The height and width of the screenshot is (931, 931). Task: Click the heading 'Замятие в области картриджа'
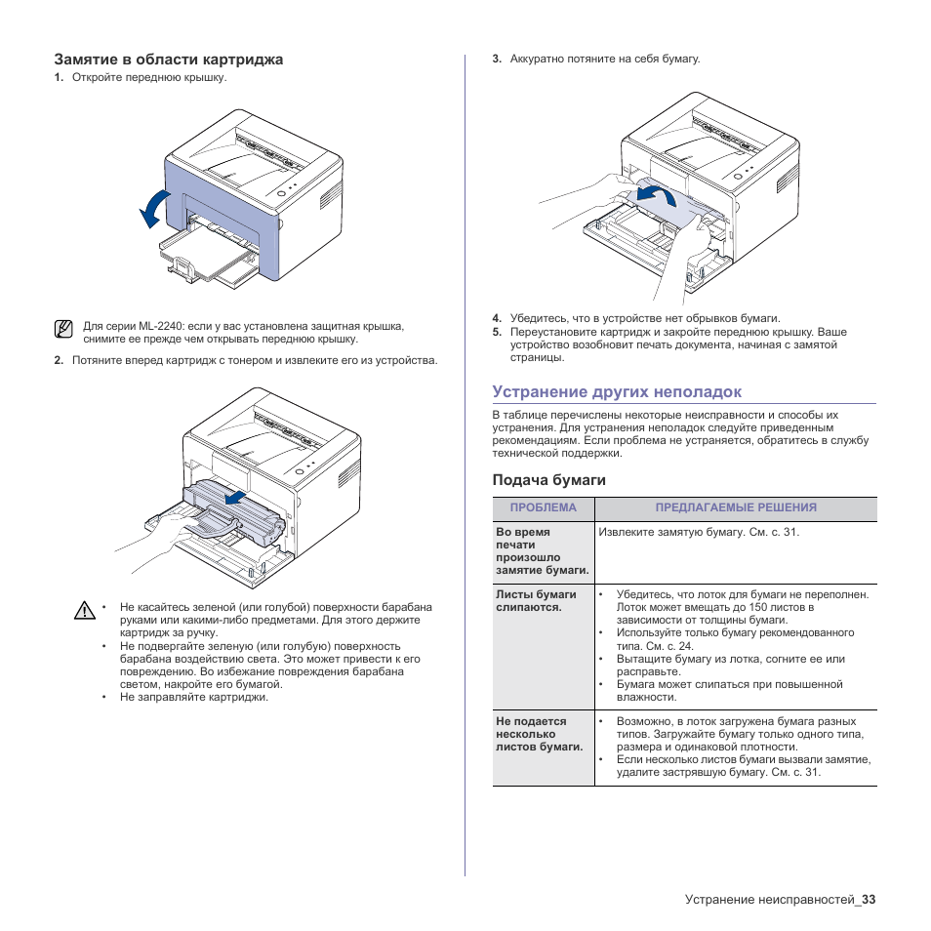[168, 60]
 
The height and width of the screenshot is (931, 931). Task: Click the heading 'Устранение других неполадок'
[617, 391]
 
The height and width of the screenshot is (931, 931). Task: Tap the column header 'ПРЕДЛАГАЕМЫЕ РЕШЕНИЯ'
[735, 507]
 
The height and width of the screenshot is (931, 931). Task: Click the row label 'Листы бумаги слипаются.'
[536, 600]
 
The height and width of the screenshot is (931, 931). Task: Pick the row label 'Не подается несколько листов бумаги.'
[539, 734]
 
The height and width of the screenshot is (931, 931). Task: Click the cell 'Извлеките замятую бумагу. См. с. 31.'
[699, 533]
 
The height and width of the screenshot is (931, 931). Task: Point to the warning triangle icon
[85, 612]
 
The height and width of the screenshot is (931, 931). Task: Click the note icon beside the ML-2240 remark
[63, 329]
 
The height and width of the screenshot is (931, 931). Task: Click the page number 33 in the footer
[869, 899]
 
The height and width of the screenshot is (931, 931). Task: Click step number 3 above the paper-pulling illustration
[497, 60]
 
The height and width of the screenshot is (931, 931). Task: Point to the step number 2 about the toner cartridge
[59, 361]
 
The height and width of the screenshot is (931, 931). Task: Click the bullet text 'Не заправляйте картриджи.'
[193, 697]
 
